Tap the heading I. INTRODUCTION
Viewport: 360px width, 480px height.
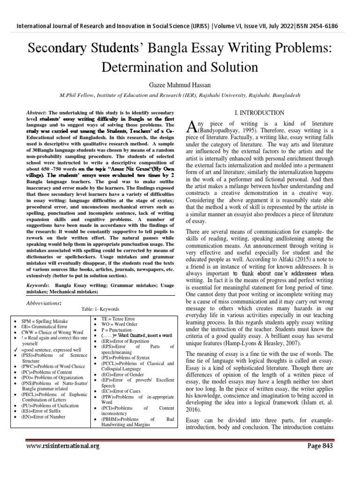[259, 113]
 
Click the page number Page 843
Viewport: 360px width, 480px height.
[320, 445]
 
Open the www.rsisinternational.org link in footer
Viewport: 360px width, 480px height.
[63, 446]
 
